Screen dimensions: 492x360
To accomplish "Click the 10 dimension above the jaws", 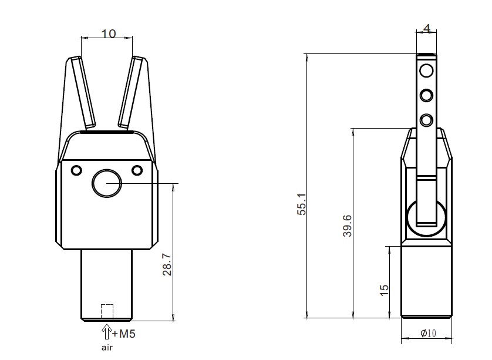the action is (109, 33).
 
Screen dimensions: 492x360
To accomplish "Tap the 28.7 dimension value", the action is (167, 265).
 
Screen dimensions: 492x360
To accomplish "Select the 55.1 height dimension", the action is (301, 204).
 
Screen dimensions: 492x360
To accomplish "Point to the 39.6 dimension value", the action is (348, 226).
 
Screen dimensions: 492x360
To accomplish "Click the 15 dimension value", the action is (384, 290).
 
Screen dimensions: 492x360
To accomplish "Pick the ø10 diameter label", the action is (429, 333).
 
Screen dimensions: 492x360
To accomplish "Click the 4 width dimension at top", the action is (427, 29).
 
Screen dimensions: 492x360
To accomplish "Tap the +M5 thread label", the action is (124, 334).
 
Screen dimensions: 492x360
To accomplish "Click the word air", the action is (107, 348).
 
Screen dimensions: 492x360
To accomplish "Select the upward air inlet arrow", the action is (107, 332).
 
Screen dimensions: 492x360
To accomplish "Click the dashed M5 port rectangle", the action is (107, 311).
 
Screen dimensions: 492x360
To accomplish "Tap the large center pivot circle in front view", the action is (107, 184).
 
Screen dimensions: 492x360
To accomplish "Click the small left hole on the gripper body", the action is (76, 170).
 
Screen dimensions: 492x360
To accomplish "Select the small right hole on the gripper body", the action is (137, 170).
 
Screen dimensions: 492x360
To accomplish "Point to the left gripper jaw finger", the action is (82, 92).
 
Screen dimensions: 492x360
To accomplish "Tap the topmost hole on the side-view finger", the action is (426, 70).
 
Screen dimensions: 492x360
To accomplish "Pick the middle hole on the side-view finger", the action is (426, 95).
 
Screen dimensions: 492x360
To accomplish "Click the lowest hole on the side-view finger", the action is (426, 120).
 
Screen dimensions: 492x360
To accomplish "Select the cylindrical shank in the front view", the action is (107, 285).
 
